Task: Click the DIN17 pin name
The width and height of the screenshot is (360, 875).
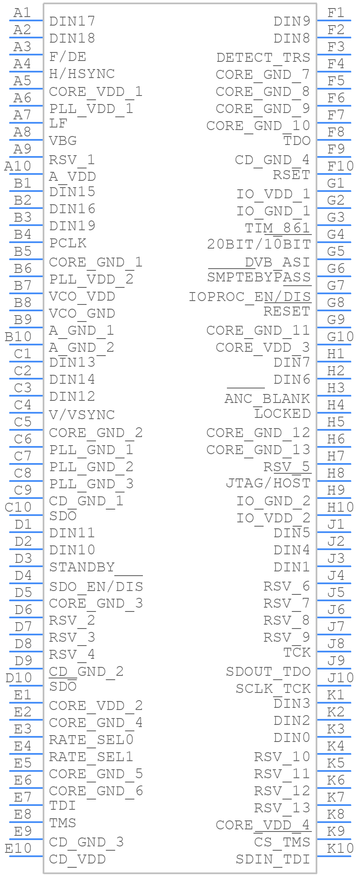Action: [x=72, y=21]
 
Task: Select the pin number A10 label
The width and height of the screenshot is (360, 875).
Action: [x=17, y=166]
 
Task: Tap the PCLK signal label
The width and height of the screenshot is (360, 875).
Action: [x=68, y=243]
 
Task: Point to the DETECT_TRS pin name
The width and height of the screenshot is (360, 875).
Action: [x=263, y=57]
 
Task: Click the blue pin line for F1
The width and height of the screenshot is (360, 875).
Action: [x=334, y=20]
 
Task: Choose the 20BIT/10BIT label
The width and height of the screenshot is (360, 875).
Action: [x=259, y=244]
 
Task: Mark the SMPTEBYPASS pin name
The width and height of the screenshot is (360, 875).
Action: [x=259, y=277]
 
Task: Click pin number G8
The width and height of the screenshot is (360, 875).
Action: [x=336, y=302]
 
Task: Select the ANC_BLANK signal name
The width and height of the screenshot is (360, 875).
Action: [x=267, y=398]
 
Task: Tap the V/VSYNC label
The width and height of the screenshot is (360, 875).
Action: [x=82, y=414]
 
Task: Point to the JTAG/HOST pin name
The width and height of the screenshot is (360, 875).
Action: [x=268, y=483]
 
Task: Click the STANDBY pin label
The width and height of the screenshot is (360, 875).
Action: [x=82, y=567]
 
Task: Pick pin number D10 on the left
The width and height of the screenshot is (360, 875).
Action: [x=19, y=678]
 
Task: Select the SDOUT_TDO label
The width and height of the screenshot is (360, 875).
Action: [x=268, y=672]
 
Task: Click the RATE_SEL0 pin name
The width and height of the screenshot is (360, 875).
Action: [x=91, y=739]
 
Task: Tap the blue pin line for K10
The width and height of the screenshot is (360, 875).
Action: [x=334, y=856]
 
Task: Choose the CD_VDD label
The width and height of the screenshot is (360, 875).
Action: [x=77, y=859]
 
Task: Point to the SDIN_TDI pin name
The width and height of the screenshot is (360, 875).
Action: [x=273, y=859]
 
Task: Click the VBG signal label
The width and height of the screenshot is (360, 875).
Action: [x=63, y=141]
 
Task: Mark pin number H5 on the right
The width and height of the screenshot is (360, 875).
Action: [x=336, y=422]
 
